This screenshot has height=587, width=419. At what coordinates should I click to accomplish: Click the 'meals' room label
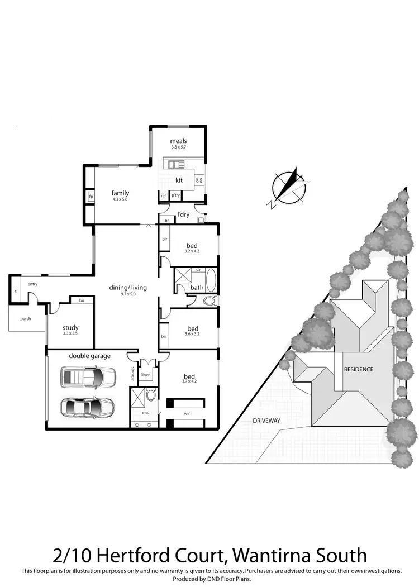pos(179,141)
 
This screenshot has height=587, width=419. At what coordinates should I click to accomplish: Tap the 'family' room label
pos(120,193)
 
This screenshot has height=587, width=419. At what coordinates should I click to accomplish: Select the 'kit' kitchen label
pos(179,180)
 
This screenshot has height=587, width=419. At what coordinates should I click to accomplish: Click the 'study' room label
pos(70,328)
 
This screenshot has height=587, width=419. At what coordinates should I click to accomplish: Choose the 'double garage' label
pos(89,356)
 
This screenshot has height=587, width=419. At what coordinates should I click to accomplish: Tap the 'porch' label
pos(25,319)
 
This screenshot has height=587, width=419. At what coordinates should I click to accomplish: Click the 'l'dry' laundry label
pos(182,214)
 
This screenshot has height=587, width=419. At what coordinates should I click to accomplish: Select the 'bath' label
pos(197,288)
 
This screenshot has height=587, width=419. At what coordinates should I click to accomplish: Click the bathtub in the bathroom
pos(213,279)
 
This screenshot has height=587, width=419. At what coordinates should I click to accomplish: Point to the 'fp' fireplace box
pos(91,197)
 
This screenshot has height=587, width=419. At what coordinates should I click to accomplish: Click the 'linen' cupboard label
pos(146,375)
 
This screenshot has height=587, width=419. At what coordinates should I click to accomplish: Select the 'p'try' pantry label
pos(175,195)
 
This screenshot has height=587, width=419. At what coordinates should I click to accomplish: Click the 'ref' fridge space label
pos(164,195)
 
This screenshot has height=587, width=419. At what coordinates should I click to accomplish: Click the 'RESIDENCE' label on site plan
pos(358,369)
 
